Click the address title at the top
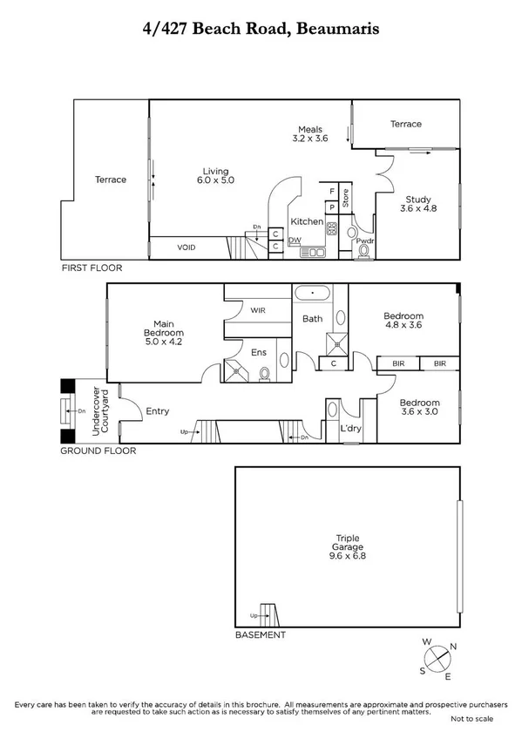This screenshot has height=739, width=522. (261, 29)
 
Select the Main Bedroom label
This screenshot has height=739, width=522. (164, 334)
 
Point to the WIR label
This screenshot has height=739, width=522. (257, 310)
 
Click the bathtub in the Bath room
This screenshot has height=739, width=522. (311, 294)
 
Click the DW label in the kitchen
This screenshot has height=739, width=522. (295, 241)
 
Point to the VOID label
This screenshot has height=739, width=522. (186, 248)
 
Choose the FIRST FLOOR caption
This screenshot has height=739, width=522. (92, 268)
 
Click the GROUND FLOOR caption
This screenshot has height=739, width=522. (98, 451)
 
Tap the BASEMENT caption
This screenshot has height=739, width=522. (260, 635)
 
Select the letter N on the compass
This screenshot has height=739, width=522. (452, 647)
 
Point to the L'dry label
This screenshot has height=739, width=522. (352, 429)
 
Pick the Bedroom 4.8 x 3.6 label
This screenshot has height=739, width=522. (403, 321)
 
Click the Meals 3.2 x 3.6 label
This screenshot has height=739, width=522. (309, 134)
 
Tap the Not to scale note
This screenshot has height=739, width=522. (472, 718)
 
